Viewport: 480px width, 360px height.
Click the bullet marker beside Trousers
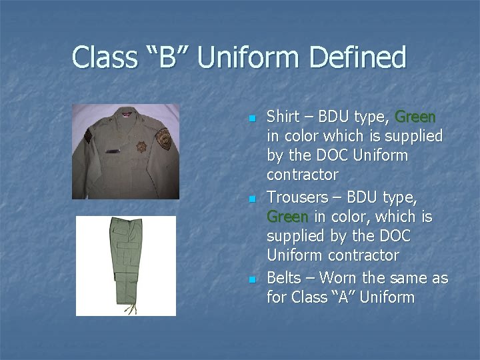point(251,199)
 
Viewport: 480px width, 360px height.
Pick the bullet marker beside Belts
point(251,279)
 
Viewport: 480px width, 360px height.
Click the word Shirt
point(283,117)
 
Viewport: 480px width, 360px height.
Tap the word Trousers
point(297,197)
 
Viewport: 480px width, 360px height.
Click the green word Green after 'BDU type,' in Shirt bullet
point(415,117)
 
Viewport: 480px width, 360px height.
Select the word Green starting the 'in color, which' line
point(287,217)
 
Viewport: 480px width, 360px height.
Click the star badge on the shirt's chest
point(142,147)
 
